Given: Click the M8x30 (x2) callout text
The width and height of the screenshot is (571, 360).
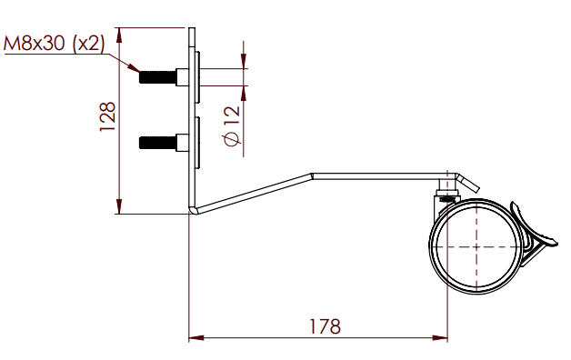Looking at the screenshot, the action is (x=54, y=44).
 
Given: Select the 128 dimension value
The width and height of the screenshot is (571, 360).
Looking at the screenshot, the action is (x=108, y=117).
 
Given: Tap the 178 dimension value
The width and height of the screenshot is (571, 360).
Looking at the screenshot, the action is (x=325, y=326).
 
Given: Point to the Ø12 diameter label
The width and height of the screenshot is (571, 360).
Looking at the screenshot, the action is (x=233, y=126).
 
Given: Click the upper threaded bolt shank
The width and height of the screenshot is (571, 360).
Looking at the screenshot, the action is (x=157, y=77).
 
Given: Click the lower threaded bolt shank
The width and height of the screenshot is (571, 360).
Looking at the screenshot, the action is (x=157, y=143).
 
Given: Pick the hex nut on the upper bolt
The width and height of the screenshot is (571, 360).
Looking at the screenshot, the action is (x=183, y=77).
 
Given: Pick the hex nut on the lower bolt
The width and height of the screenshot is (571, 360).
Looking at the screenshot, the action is (x=183, y=143).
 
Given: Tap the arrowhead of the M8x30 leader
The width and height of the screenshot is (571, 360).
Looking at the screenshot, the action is (x=134, y=67).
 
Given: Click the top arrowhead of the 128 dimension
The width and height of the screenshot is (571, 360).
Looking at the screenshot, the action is (x=119, y=35).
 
